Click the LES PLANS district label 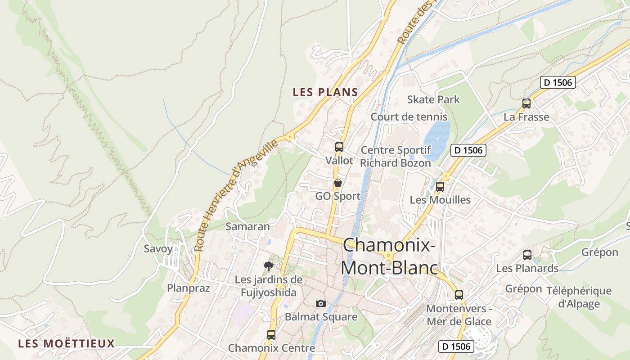325,92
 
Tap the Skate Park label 433,99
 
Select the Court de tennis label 409,117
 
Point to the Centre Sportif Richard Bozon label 396,156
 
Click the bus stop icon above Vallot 339,147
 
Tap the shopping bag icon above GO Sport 337,183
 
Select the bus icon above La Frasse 526,103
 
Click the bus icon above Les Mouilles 440,186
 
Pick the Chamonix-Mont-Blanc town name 389,256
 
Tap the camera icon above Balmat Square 320,303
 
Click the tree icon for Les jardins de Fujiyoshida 269,266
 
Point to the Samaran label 247,226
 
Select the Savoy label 158,249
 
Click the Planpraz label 189,288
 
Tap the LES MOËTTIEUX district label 67,344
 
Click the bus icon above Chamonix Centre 271,335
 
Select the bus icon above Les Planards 527,255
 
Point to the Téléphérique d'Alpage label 579,297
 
